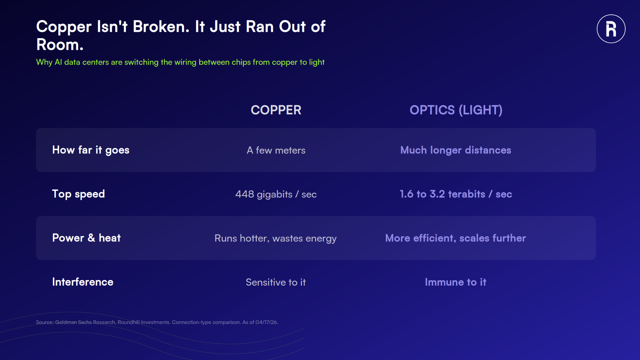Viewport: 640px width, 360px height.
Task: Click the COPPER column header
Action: tap(276, 110)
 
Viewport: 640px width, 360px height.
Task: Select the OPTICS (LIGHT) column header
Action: tap(456, 110)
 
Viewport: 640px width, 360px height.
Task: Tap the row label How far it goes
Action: tap(91, 150)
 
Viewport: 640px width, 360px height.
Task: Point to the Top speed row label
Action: tap(78, 194)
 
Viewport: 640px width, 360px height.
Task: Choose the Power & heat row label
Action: tap(86, 238)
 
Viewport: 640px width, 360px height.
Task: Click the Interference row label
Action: tap(83, 282)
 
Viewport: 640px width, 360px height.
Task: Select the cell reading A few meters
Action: tap(276, 150)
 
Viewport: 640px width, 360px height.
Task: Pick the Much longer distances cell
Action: tap(456, 150)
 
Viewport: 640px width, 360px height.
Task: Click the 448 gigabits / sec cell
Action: tap(276, 194)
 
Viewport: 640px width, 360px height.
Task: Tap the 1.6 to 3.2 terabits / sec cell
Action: tap(456, 194)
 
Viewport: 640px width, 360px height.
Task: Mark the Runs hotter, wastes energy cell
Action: tap(276, 238)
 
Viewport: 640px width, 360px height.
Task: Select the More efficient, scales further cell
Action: tap(456, 238)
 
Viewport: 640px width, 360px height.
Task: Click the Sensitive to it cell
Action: tap(276, 282)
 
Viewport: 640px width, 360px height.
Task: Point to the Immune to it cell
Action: tap(456, 282)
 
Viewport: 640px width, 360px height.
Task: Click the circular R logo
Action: tap(611, 29)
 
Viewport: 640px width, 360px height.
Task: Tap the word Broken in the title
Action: tap(161, 27)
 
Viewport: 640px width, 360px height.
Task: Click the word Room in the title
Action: tap(60, 45)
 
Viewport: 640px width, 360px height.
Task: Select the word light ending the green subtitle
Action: tap(317, 62)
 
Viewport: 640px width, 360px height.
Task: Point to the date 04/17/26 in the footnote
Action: tap(266, 322)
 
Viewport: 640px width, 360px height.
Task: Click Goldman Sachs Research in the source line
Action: tap(85, 322)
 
